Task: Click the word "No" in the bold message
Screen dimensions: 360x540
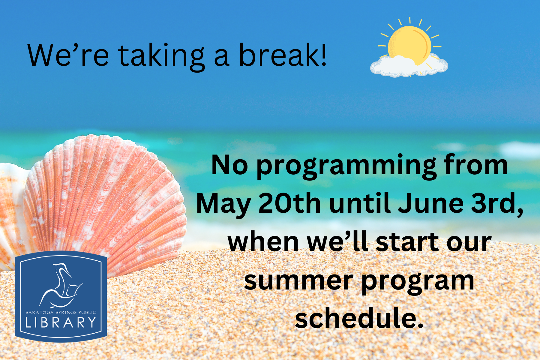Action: pyautogui.click(x=229, y=165)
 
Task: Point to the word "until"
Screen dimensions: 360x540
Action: pyautogui.click(x=360, y=203)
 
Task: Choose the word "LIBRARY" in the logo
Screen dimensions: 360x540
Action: pyautogui.click(x=61, y=323)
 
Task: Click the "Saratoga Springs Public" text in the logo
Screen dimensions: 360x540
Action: pyautogui.click(x=61, y=312)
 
